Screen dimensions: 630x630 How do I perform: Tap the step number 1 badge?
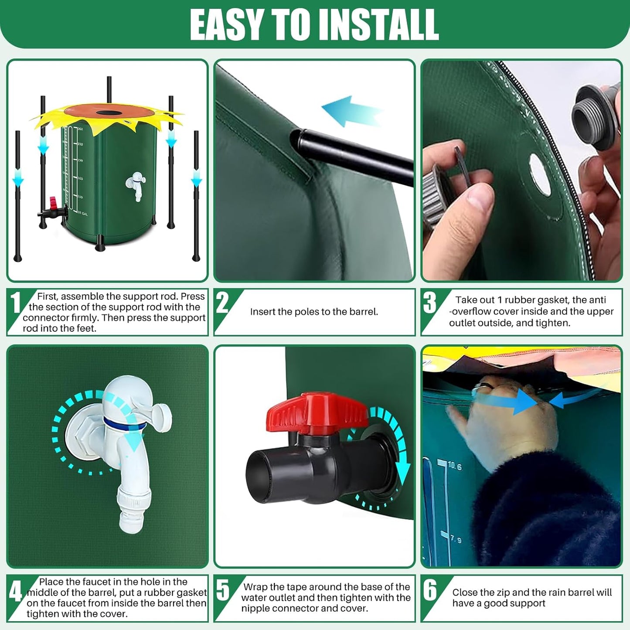[16, 303]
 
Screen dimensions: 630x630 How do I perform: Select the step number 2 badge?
[223, 303]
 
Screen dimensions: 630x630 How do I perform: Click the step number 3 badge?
[430, 303]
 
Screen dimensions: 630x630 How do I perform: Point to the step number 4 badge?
[16, 592]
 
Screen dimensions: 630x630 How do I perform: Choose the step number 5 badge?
[223, 590]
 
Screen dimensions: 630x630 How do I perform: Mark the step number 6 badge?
[430, 590]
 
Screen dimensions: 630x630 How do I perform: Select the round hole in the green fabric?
[540, 174]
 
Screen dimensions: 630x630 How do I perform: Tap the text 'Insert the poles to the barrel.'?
[314, 312]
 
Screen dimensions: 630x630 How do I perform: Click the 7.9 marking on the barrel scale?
[455, 540]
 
